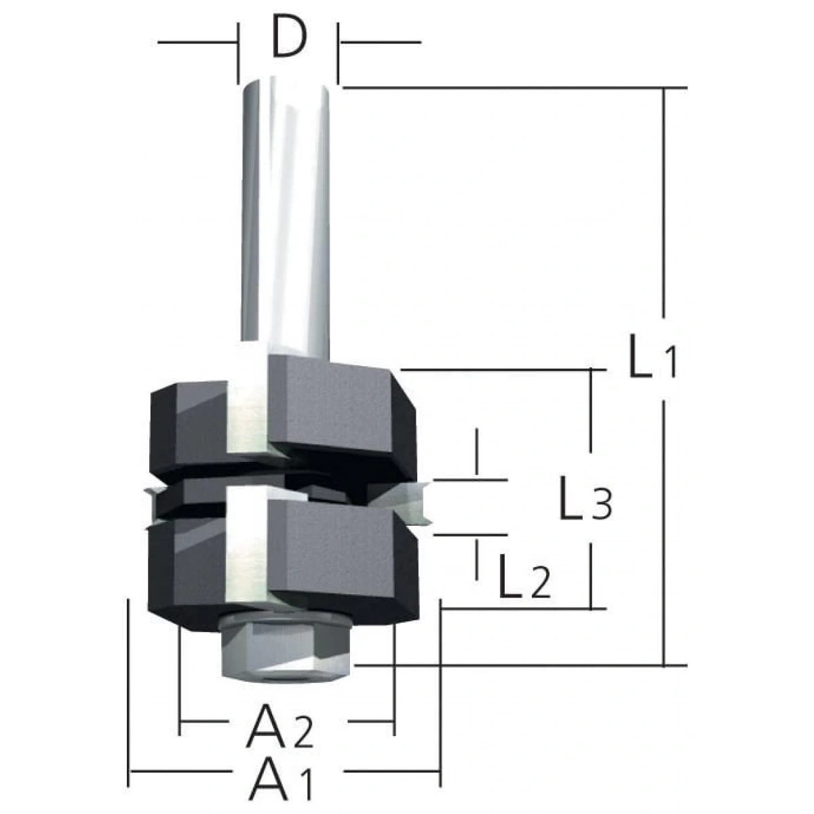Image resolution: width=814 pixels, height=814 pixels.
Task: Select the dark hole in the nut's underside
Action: [285, 674]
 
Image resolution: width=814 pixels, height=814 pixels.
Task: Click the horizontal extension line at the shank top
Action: [509, 88]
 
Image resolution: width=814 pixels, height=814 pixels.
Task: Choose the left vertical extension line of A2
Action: [180, 678]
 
